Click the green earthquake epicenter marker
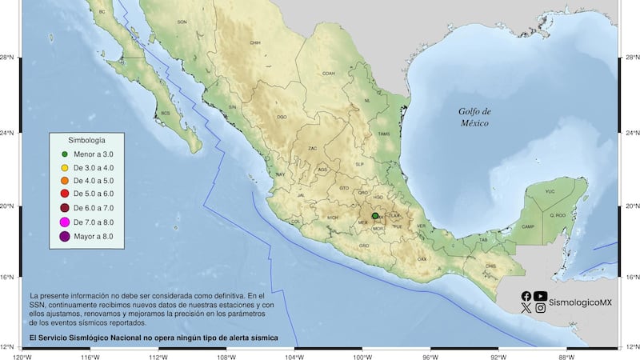[375, 215]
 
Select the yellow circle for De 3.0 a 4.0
[64, 167]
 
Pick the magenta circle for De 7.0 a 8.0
[64, 222]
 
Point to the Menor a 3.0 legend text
[93, 154]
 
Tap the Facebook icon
[526, 296]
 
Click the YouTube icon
[541, 296]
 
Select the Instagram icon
[541, 308]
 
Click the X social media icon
[526, 308]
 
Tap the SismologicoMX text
[580, 302]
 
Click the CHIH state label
[255, 43]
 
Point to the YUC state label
[550, 192]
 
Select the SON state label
[182, 22]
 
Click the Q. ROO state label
[557, 215]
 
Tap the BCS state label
[166, 113]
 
